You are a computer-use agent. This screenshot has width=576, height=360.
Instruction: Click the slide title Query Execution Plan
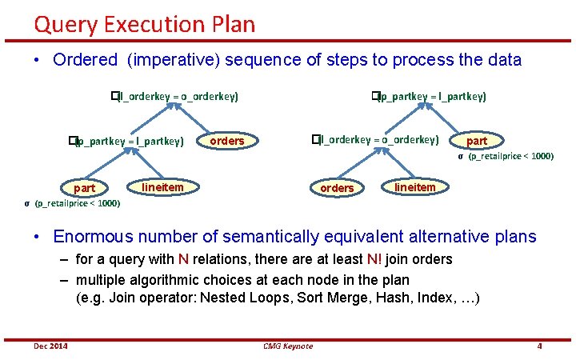pyautogui.click(x=144, y=24)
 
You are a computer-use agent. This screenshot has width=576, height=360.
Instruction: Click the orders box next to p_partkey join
pyautogui.click(x=226, y=141)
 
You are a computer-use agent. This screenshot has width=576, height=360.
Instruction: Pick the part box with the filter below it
pyautogui.click(x=84, y=188)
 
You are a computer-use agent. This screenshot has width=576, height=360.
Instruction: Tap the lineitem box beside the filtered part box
pyautogui.click(x=162, y=187)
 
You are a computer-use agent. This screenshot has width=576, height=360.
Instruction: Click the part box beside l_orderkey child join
pyautogui.click(x=476, y=141)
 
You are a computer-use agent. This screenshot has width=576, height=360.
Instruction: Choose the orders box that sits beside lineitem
pyautogui.click(x=337, y=188)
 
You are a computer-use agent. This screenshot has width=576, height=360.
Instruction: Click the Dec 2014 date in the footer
pyautogui.click(x=50, y=346)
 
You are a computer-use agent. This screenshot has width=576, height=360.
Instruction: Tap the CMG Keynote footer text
pyautogui.click(x=288, y=346)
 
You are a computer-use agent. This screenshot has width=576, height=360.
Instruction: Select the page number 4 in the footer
pyautogui.click(x=540, y=346)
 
